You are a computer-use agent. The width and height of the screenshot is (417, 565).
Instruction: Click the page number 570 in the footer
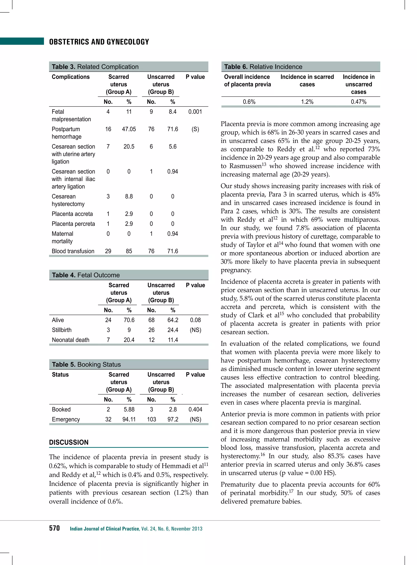point(54,528)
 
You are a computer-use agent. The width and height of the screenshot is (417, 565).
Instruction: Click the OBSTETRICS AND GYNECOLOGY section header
point(99,42)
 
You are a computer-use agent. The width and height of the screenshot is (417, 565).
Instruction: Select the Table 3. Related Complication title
point(95,67)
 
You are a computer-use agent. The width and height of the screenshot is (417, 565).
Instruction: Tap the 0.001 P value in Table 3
point(195,112)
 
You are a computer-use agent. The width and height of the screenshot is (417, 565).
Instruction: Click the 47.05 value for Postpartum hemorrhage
point(129,129)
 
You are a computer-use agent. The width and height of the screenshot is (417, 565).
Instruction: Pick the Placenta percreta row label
point(73,224)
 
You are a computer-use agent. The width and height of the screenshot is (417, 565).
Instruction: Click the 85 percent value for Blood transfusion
point(129,251)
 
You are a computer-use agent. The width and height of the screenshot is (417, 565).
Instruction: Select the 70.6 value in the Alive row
point(129,320)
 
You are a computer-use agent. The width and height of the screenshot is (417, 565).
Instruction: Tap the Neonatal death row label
point(70,340)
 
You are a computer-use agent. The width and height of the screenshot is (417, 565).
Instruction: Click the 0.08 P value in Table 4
point(195,320)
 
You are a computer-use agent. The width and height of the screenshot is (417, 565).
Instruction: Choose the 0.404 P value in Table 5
point(195,409)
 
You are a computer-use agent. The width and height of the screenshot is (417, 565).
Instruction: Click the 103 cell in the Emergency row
point(151,419)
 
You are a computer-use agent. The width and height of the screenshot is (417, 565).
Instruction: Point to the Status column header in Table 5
point(60,374)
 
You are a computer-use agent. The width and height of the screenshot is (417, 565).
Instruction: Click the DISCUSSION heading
point(69,442)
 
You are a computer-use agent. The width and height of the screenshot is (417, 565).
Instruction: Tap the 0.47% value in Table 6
point(358,102)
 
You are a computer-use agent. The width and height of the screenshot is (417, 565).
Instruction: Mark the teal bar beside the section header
point(22,41)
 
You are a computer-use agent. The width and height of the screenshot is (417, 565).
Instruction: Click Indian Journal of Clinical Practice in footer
point(104,529)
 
